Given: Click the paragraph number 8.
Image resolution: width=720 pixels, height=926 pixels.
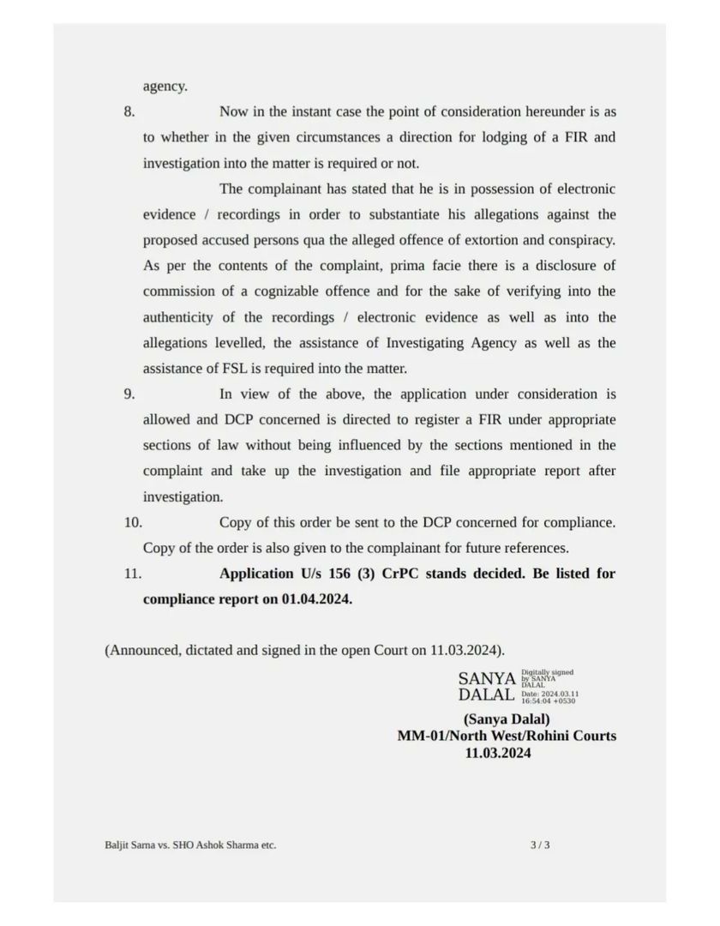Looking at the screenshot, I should [x=129, y=111].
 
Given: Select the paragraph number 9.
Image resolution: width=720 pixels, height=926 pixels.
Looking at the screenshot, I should [x=129, y=394].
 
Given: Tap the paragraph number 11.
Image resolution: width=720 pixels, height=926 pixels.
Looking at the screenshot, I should [x=132, y=574].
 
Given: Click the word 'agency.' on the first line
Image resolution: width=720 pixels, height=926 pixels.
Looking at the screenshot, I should [x=165, y=87].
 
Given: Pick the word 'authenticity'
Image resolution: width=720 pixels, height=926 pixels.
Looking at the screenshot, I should [x=178, y=317].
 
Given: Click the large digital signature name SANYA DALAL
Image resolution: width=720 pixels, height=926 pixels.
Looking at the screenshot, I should [x=486, y=686].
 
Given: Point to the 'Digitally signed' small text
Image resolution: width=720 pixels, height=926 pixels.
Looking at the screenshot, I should [x=548, y=673].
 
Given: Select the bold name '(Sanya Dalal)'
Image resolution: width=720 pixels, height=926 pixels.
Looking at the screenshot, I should [x=507, y=719].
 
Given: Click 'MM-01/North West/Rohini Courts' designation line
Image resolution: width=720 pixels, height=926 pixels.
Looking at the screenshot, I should [x=506, y=736].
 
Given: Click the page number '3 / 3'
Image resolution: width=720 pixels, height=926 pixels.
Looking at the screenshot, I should [x=540, y=845].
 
